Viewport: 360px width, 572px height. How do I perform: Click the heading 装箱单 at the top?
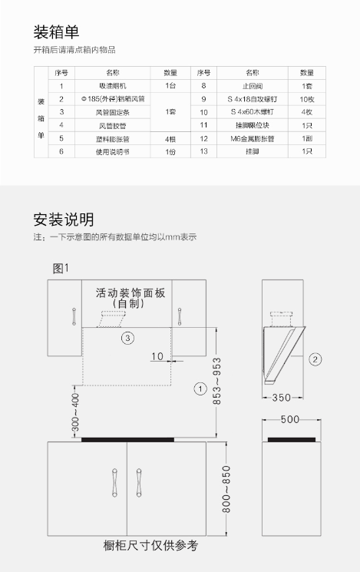[x=56, y=32]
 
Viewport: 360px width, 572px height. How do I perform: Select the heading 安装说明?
[x=64, y=220]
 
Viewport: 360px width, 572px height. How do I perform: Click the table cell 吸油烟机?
[x=113, y=86]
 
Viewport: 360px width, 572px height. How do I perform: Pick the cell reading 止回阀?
[x=253, y=86]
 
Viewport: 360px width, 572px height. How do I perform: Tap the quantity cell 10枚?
[x=307, y=99]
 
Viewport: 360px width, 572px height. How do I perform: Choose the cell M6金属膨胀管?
[x=253, y=139]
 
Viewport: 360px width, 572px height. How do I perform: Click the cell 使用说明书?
[x=113, y=152]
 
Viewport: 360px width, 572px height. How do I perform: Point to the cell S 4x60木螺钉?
[x=253, y=112]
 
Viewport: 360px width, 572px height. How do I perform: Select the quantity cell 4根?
[x=170, y=139]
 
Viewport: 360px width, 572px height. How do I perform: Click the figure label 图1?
[x=61, y=269]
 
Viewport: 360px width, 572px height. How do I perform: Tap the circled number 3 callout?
[x=127, y=338]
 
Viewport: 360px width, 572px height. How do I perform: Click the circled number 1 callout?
[x=200, y=388]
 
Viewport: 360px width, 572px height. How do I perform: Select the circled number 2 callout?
[x=315, y=359]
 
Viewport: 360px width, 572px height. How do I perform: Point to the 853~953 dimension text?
[x=216, y=381]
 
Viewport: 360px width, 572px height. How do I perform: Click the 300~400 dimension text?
[x=75, y=412]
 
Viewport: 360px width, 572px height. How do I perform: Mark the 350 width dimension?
[x=282, y=398]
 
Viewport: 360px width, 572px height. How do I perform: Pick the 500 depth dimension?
[x=290, y=419]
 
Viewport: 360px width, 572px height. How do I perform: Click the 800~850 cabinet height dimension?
[x=226, y=489]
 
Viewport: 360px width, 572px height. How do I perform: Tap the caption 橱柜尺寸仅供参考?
[x=150, y=546]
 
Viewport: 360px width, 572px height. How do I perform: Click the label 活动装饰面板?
[x=130, y=293]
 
